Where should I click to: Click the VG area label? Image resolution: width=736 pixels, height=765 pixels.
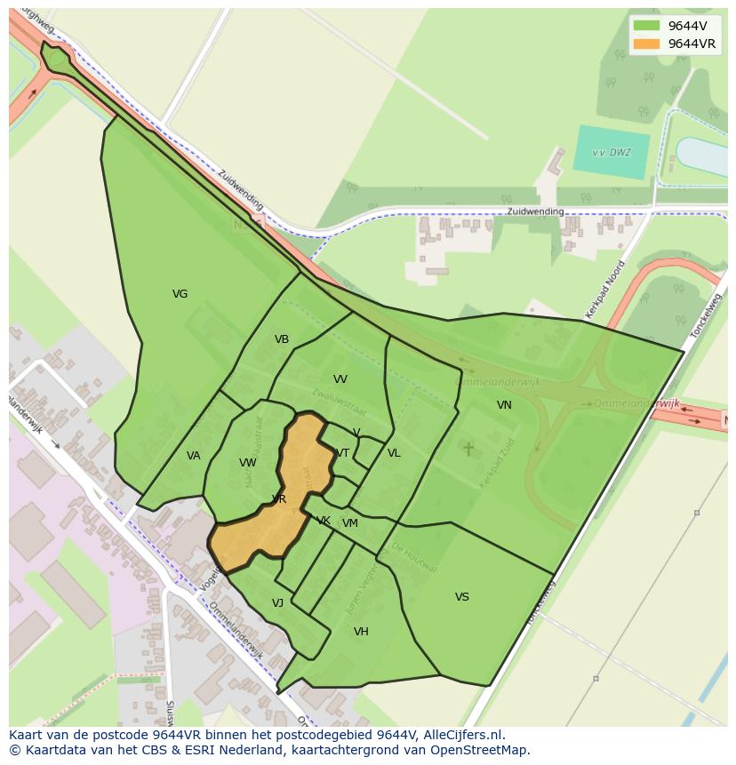click(x=180, y=294)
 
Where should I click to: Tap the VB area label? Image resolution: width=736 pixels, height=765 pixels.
click(x=282, y=339)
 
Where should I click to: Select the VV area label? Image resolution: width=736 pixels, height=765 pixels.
click(x=340, y=379)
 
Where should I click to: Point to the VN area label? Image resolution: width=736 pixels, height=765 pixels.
click(x=504, y=405)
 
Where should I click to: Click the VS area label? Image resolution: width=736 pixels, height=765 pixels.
click(x=462, y=597)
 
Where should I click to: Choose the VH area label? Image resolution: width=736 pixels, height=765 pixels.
click(x=361, y=632)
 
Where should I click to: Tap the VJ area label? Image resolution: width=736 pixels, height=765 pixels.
click(x=277, y=603)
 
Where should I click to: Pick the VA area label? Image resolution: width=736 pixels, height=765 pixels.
click(x=194, y=456)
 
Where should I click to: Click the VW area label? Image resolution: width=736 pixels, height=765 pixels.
click(x=248, y=463)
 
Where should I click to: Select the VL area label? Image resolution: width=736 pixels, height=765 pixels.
click(x=394, y=453)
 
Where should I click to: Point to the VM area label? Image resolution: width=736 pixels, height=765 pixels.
click(x=350, y=523)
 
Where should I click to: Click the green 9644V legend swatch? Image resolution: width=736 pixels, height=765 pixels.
click(x=646, y=26)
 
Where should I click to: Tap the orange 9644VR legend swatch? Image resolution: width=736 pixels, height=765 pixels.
click(x=646, y=44)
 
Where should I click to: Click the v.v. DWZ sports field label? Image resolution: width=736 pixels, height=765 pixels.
click(x=612, y=152)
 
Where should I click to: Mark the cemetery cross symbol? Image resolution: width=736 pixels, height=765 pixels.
click(x=468, y=449)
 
